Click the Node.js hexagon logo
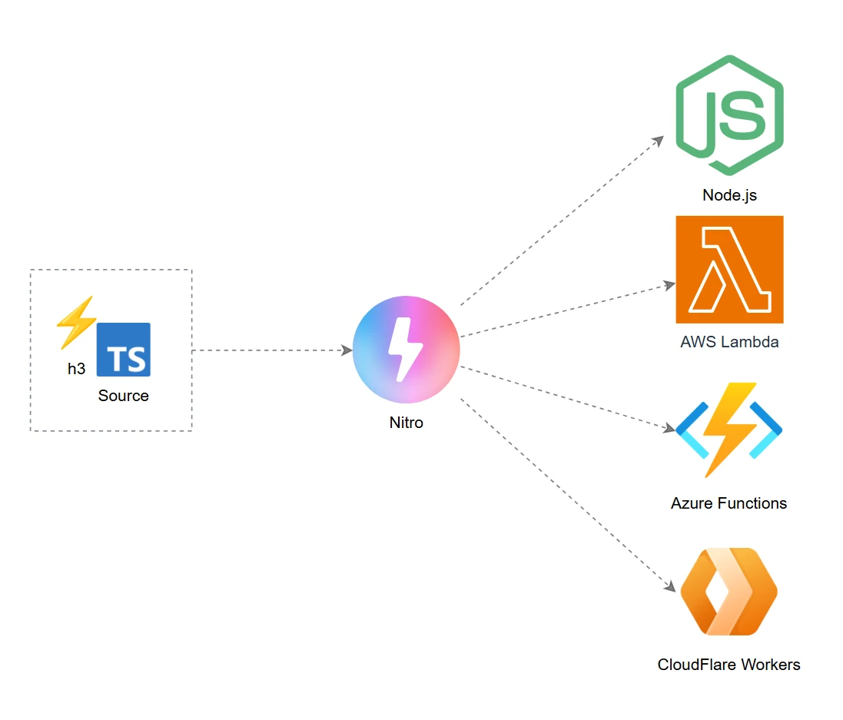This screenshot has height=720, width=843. point(729,116)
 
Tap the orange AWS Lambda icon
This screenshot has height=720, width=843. point(729,269)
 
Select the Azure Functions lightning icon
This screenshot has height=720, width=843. point(728,430)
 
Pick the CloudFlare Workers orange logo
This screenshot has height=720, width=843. point(728,592)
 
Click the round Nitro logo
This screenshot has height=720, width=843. point(406,350)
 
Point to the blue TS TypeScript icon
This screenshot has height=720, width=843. point(124,350)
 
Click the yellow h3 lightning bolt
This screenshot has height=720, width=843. point(77,320)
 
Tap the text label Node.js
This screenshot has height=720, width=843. point(729,195)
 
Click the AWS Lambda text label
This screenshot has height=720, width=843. point(729,342)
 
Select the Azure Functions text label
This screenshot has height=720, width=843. point(728,503)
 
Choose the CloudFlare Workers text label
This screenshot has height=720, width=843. point(728,665)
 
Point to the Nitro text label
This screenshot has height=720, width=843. point(406,423)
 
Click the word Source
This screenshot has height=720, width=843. point(124,396)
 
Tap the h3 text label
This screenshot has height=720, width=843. point(77,369)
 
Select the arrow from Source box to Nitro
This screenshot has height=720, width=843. point(269,350)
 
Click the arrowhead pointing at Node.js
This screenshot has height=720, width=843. point(659,141)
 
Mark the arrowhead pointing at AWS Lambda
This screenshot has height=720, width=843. point(669,285)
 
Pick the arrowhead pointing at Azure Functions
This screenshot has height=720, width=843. point(669,427)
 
